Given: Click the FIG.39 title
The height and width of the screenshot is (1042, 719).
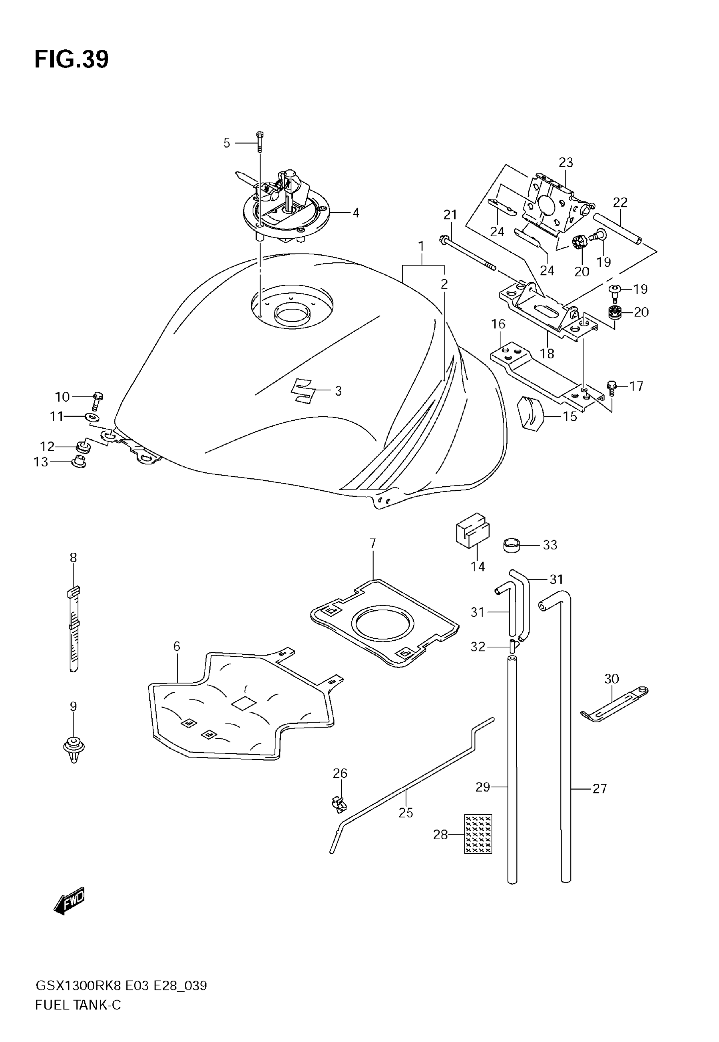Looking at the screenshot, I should (71, 60).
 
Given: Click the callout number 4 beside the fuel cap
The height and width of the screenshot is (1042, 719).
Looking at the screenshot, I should (356, 213).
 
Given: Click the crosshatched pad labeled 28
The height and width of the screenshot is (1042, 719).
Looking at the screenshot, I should (478, 834).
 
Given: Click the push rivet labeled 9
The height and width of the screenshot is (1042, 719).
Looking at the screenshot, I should (74, 749).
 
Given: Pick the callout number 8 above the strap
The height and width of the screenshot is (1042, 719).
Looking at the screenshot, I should (74, 557).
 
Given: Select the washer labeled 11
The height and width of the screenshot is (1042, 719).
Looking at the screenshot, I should (91, 417).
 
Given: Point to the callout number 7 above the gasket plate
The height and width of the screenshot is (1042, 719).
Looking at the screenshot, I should (373, 543).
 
